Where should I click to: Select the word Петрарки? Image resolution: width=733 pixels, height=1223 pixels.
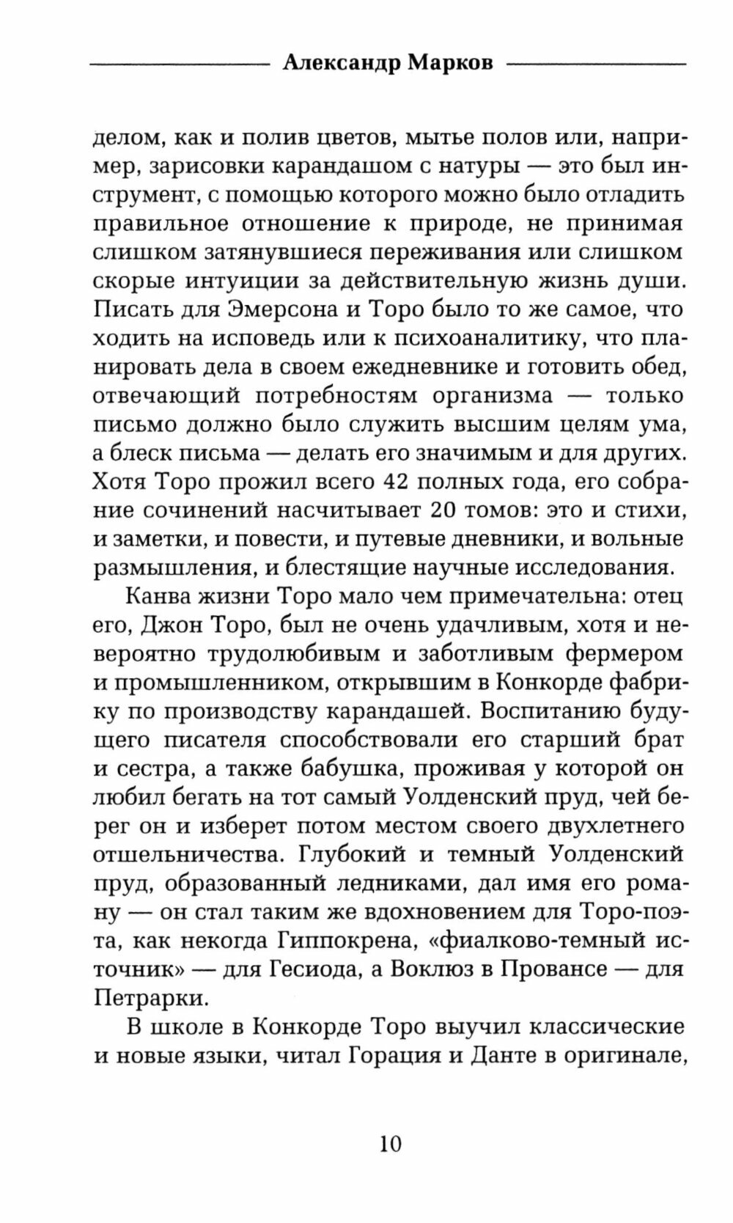[x=141, y=998]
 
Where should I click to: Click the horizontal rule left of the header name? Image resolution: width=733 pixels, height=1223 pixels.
[x=180, y=65]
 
